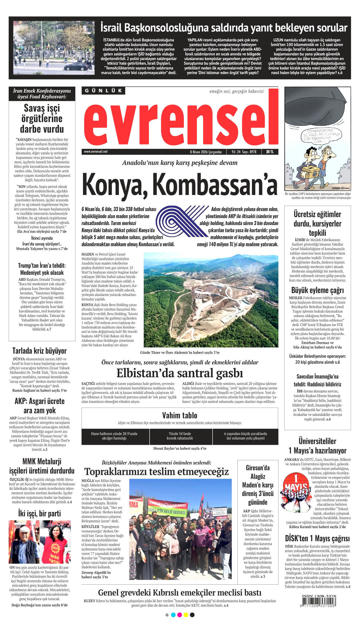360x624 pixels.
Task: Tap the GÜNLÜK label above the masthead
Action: coord(103,91)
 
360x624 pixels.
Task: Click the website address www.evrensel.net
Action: coord(96,152)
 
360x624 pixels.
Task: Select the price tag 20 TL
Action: coord(270,152)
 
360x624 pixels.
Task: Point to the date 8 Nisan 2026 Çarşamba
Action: coord(206,152)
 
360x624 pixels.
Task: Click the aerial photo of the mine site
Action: coord(211,300)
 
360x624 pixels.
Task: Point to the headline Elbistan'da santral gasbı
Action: coord(180,373)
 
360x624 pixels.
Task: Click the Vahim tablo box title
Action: coord(180,415)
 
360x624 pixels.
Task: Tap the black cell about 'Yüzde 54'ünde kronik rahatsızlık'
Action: coord(180,436)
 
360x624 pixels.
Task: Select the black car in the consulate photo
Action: coord(76,67)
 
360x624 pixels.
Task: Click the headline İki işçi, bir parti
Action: coord(39,513)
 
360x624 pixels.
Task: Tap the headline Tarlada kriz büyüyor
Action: coord(39,351)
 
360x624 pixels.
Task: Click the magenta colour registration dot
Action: coord(179,615)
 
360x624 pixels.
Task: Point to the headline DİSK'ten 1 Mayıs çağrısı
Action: coord(317,538)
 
